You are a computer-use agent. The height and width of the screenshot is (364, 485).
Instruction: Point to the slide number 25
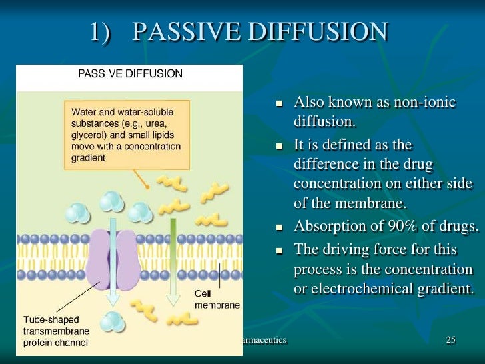(x=451, y=341)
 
